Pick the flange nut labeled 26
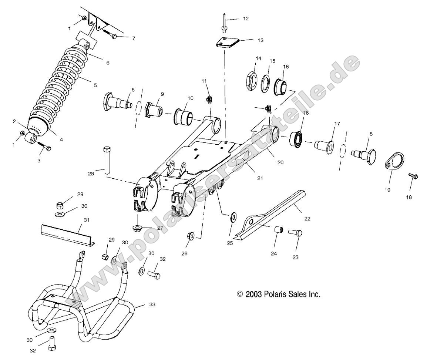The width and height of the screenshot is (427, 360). (192, 235)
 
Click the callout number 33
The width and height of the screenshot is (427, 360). (152, 305)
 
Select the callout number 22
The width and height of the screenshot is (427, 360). (307, 219)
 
